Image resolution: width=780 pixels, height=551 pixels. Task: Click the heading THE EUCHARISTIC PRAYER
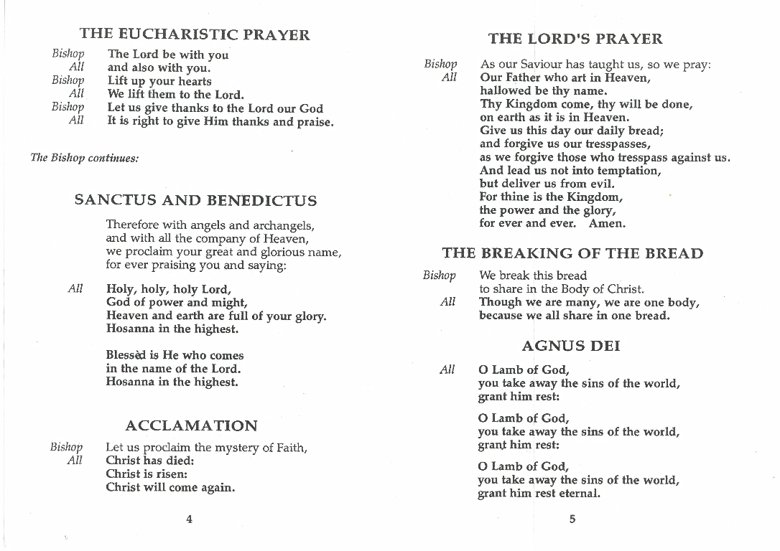[195, 34]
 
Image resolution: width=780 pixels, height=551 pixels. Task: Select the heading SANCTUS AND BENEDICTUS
[195, 200]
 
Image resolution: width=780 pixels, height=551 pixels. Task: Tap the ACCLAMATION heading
[191, 425]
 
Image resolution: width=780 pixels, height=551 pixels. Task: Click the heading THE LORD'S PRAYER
[575, 39]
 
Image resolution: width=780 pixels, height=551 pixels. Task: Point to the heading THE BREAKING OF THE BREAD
[572, 253]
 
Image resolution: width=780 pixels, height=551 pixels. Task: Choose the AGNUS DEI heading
[571, 346]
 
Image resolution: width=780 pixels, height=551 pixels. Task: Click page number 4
[189, 519]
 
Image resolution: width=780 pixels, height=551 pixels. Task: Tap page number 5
[572, 519]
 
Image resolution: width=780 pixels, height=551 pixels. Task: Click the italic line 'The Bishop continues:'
[85, 158]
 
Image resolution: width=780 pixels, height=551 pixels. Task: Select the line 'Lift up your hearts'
[159, 81]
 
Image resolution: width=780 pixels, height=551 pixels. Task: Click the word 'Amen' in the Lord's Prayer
[607, 223]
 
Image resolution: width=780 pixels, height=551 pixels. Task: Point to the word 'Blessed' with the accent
[125, 355]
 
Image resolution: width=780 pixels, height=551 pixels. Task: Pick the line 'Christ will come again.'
[170, 487]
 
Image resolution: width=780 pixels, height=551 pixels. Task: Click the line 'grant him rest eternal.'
[539, 494]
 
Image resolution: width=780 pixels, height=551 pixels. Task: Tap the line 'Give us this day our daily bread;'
[572, 131]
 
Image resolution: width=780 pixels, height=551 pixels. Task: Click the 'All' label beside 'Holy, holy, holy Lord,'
[75, 289]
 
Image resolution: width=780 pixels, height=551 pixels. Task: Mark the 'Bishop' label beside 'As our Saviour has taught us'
[440, 65]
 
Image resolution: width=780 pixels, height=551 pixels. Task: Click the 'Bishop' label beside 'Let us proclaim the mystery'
[67, 448]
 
